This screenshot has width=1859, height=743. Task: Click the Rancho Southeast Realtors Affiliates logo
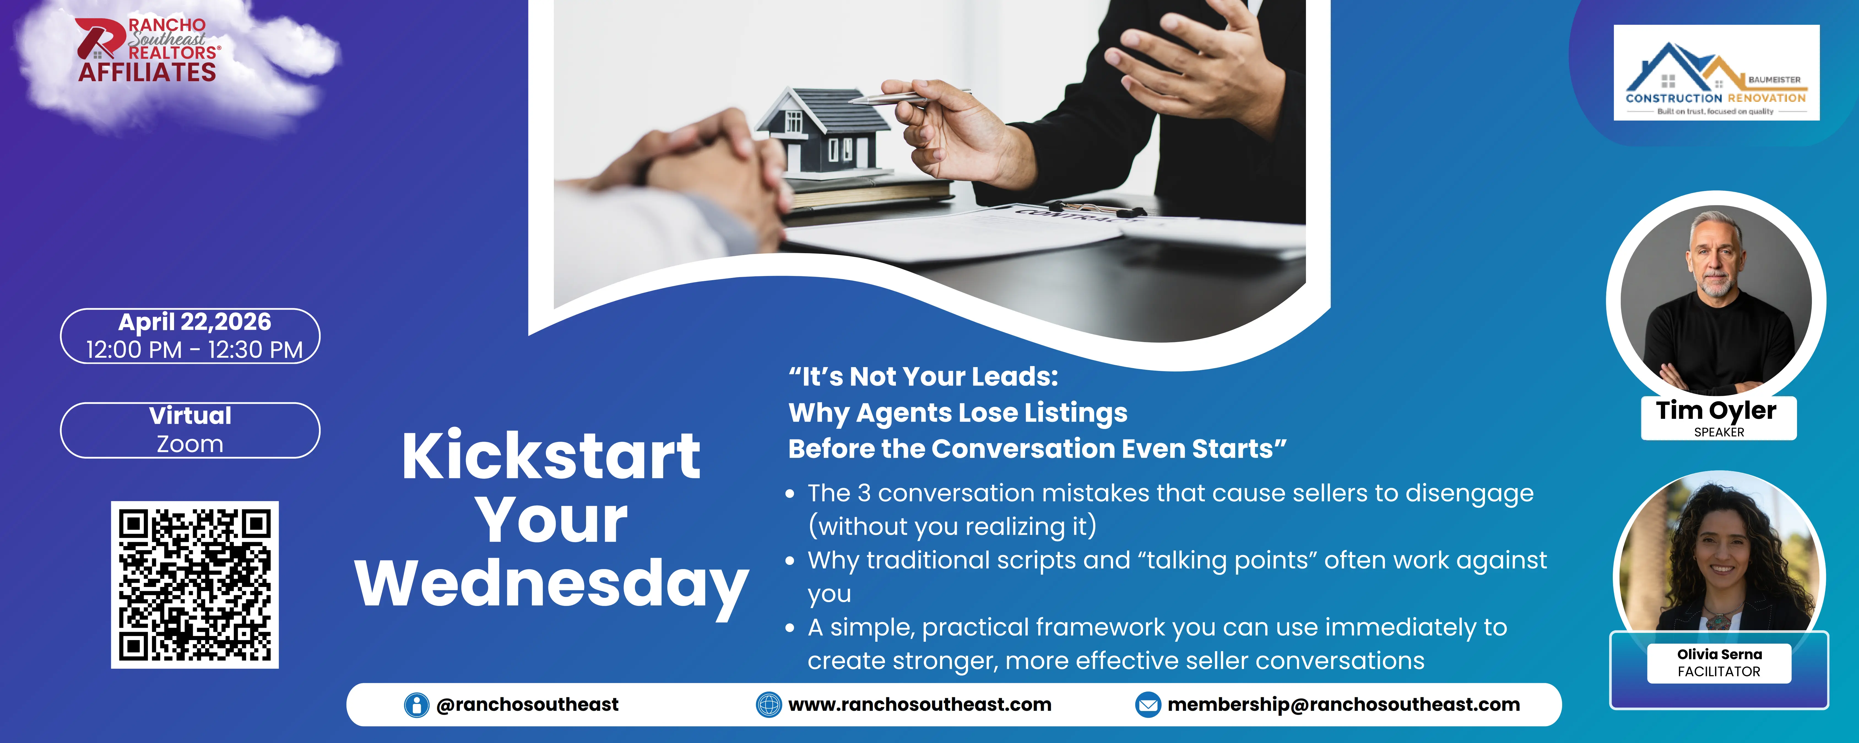tap(148, 50)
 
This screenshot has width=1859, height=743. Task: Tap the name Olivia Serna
tap(1719, 654)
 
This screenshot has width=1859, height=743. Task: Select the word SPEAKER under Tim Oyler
tap(1719, 432)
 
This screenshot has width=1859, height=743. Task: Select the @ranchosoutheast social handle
tap(527, 705)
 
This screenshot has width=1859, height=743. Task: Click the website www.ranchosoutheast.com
tap(919, 705)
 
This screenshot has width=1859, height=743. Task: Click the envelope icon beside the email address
tap(1147, 705)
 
